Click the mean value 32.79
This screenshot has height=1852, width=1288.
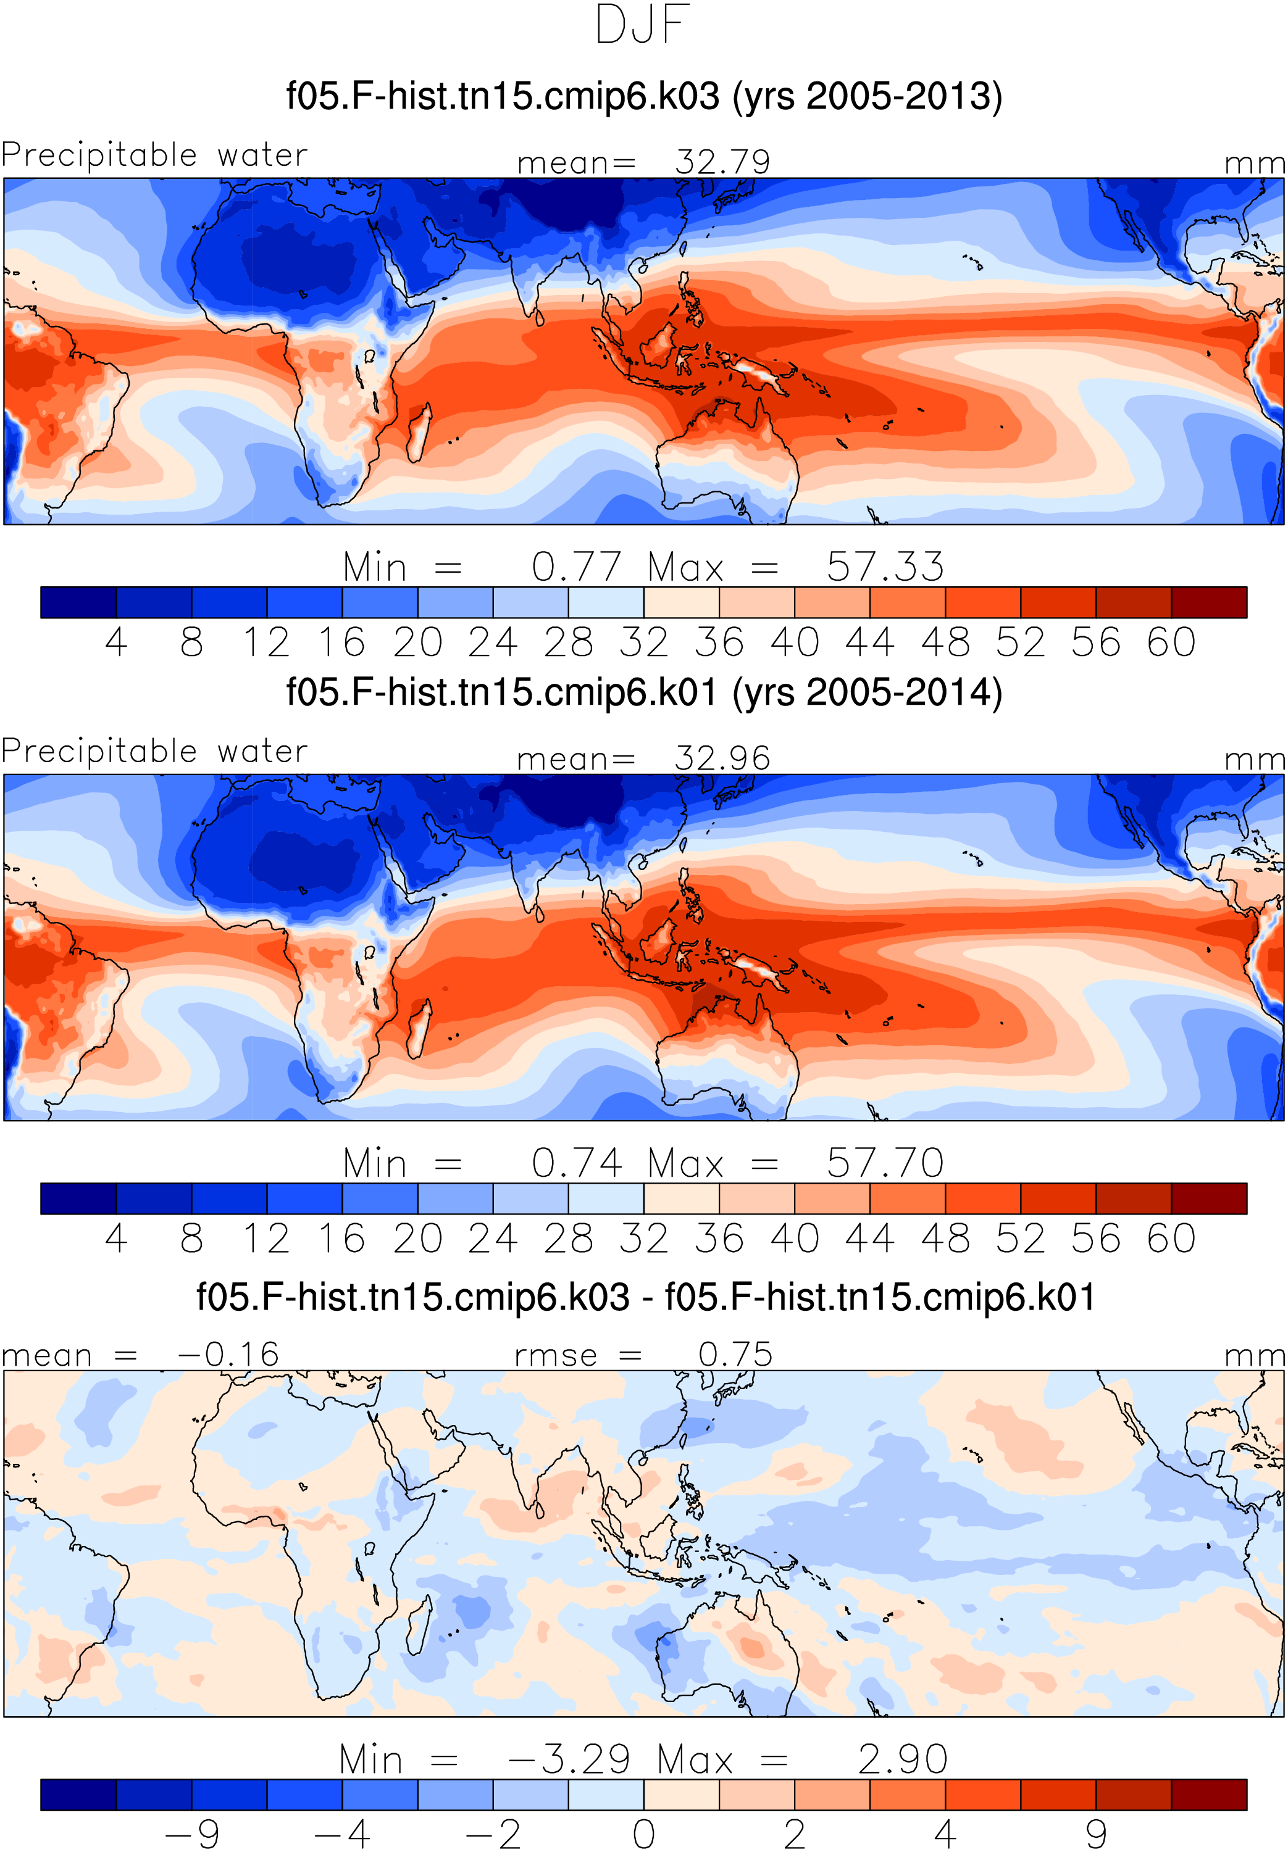pos(722,162)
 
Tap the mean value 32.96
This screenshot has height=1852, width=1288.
pos(722,758)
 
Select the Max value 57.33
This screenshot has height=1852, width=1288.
pos(885,567)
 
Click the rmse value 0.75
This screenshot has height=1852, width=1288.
pos(735,1355)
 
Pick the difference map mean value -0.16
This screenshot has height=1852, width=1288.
pos(228,1355)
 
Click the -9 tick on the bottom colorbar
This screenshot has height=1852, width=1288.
pos(191,1833)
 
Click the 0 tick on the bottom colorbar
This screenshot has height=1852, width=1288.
pos(644,1833)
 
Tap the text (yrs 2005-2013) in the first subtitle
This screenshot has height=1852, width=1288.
pos(868,96)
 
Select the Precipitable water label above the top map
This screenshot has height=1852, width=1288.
pos(154,154)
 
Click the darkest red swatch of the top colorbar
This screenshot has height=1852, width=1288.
pos(1209,602)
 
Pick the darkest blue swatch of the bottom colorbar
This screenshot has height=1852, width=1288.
pos(78,1795)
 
